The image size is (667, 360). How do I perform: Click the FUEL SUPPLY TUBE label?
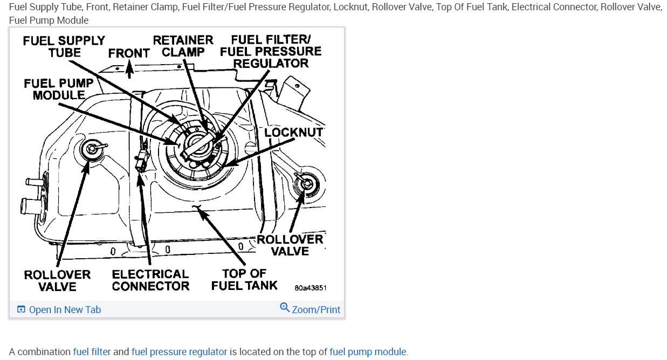coord(64,47)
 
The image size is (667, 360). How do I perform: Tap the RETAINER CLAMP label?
coord(183,46)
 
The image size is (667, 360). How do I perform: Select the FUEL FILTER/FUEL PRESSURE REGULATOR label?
coord(271,51)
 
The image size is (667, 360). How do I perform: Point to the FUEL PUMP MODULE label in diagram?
coord(58,89)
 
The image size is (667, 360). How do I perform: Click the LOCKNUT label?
coord(293,133)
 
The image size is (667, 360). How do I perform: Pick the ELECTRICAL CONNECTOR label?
coord(150,280)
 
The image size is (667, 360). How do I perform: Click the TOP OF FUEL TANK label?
coord(244,280)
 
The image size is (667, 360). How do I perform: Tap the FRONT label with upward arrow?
coord(128,53)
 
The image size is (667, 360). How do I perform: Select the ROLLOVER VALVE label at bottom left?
coord(57,281)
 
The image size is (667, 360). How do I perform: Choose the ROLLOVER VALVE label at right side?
coord(290,245)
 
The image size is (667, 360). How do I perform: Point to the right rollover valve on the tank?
coord(306,183)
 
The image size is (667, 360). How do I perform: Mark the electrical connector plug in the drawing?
coord(142,160)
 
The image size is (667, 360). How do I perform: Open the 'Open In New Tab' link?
coord(59,309)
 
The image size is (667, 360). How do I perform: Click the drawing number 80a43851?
coord(310,288)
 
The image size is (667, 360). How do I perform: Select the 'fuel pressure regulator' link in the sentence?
coord(179,352)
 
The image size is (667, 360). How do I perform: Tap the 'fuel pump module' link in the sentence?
coord(368,352)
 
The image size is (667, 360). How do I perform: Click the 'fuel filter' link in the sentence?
coord(92,352)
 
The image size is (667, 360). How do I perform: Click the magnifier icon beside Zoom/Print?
coord(285,308)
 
